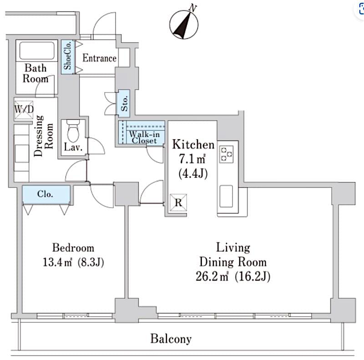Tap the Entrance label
pyautogui.click(x=99, y=58)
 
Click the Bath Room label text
pyautogui.click(x=35, y=73)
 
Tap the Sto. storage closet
pyautogui.click(x=124, y=104)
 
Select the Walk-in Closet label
pyautogui.click(x=144, y=137)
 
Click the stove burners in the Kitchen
pyautogui.click(x=226, y=153)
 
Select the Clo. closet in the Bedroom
pyautogui.click(x=46, y=194)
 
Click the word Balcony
pyautogui.click(x=171, y=339)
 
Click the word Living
pyautogui.click(x=233, y=248)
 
